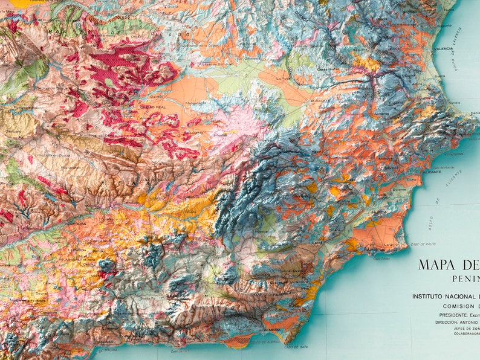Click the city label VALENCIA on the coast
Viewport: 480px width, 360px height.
(443, 48)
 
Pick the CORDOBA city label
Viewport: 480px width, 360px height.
(77, 222)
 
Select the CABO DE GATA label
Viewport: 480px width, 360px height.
(297, 347)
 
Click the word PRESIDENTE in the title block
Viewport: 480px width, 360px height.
(452, 315)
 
